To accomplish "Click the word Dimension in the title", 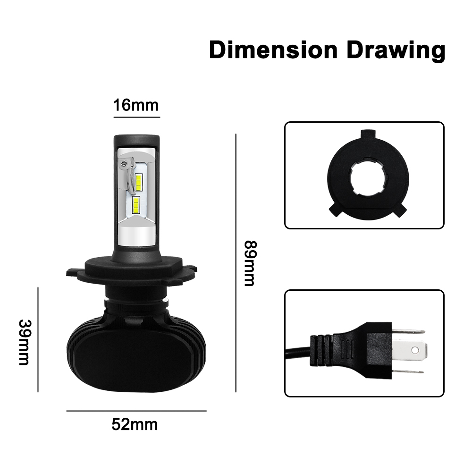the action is [x=273, y=50].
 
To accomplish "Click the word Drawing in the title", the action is [x=396, y=51].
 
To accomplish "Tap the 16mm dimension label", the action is [x=136, y=105].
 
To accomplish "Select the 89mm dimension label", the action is [x=250, y=263].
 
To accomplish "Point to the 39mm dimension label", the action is [x=25, y=342].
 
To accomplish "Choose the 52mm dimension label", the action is [x=135, y=425].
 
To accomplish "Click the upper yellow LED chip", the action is [x=138, y=182].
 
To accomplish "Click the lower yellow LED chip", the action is [x=136, y=205].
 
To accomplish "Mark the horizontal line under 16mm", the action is [x=137, y=117].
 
